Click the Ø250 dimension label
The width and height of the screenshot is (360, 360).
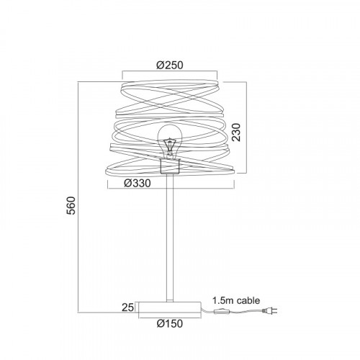[x=170, y=65]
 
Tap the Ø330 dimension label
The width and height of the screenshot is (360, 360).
[x=138, y=184]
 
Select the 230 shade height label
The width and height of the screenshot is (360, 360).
[x=236, y=132]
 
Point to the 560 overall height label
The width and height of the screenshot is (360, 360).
[x=71, y=205]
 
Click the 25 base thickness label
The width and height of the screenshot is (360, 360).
[x=127, y=307]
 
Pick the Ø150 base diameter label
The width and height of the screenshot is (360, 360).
[x=170, y=323]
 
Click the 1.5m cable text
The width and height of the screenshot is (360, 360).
[x=236, y=300]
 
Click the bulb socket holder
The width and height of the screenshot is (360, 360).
[x=170, y=166]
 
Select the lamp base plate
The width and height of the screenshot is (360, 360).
[x=170, y=307]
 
